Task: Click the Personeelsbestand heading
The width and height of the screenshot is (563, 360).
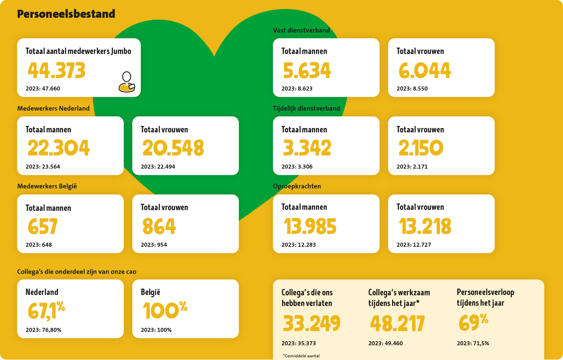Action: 66,14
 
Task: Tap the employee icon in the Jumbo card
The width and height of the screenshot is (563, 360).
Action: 127,82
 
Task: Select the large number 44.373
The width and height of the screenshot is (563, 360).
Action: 57,70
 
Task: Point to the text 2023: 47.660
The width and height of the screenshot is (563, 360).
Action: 43,88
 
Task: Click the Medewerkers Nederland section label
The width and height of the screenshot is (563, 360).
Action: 53,108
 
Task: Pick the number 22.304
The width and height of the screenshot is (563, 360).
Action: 59,148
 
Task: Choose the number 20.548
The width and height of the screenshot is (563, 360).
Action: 173,148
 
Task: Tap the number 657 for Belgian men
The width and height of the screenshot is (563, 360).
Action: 43,226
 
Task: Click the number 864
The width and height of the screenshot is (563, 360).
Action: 159,226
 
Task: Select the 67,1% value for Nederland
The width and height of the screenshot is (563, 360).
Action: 46,310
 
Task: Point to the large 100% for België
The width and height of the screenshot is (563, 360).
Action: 165,310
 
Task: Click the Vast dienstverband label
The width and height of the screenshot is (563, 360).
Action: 301,30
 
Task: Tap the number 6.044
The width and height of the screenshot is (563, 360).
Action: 425,70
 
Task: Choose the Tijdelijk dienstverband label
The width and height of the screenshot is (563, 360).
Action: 306,108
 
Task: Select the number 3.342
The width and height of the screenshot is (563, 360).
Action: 307,148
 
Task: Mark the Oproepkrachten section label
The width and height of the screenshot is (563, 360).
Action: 297,186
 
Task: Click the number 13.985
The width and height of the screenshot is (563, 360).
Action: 310,226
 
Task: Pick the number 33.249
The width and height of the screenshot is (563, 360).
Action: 311,323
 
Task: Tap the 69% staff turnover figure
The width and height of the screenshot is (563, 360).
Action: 473,322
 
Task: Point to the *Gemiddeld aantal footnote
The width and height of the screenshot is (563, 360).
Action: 301,356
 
